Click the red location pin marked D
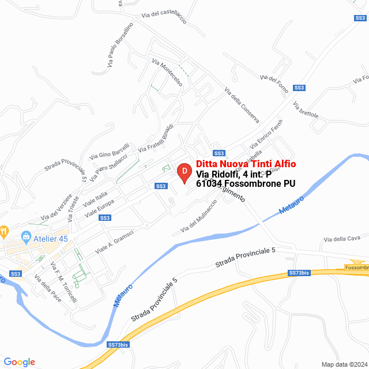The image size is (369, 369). [x=184, y=172]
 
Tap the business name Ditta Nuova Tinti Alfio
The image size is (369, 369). [x=246, y=164]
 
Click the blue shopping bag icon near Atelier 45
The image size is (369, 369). [x=25, y=236]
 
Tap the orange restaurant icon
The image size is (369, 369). [x=4, y=232]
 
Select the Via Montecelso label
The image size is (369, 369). [x=167, y=73]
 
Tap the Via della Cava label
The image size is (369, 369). [x=342, y=239]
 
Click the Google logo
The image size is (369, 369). [x=19, y=362]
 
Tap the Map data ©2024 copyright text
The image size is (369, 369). [x=343, y=364]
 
